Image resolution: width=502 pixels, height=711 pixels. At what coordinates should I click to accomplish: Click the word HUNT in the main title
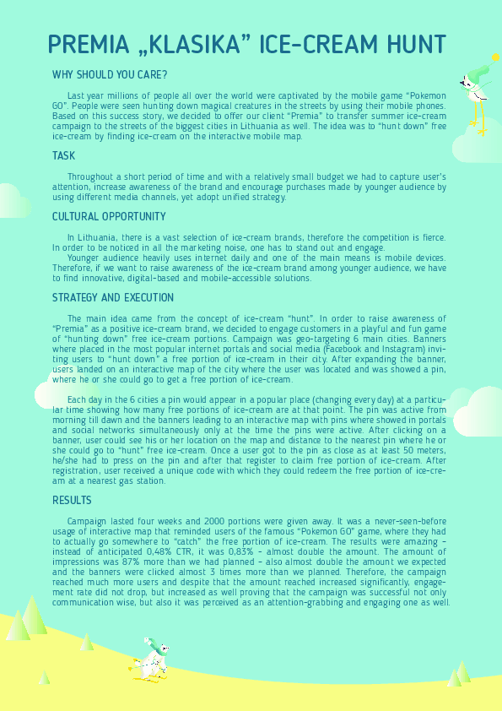[x=411, y=44]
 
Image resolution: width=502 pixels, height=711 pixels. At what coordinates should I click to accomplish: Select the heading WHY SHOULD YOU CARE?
[x=110, y=74]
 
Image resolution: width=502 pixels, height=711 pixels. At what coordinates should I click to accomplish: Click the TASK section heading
[x=64, y=156]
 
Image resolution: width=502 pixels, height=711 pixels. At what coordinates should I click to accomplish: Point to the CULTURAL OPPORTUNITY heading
[x=109, y=217]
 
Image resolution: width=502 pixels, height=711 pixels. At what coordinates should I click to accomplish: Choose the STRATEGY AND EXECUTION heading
[x=113, y=298]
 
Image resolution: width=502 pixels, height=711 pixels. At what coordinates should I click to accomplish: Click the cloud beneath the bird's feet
[x=477, y=145]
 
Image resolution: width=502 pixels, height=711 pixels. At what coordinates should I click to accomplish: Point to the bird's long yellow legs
[x=480, y=119]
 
